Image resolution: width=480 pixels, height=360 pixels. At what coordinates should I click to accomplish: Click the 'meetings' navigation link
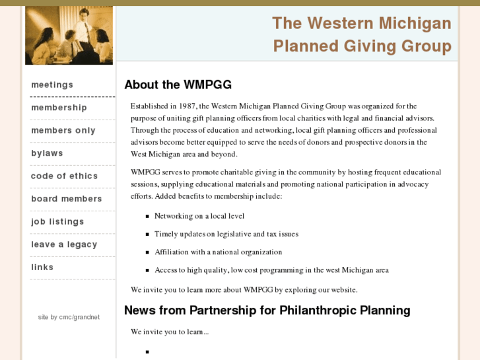pos(52,85)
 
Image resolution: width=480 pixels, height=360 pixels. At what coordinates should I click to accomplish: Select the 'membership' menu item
pos(59,108)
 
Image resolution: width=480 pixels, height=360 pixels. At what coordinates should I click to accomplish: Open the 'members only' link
pos(63,130)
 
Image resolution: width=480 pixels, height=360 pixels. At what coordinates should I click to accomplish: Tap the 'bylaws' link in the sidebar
pos(47,153)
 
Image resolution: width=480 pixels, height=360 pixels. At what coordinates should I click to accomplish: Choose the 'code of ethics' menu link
pos(64,176)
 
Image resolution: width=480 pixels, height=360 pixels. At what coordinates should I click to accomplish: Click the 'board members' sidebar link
pos(66,199)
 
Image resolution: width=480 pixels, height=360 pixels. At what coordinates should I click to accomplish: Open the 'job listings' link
pos(57,221)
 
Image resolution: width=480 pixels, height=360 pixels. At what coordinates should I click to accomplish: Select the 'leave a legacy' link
pos(64,244)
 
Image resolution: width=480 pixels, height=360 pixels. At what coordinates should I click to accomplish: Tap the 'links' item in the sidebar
pos(42,267)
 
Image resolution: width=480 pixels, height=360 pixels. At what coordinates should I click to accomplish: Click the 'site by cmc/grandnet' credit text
pos(69,317)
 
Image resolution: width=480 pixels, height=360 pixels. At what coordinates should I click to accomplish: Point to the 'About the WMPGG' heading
pos(178,85)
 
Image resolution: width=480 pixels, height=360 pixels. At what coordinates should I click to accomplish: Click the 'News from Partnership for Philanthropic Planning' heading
pos(267,310)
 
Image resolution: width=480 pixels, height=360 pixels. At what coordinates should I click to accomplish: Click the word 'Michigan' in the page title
pos(415,24)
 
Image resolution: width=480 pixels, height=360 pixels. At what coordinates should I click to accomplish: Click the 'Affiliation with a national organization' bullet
pos(218,252)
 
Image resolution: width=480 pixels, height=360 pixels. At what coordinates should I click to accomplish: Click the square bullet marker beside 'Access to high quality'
pos(148,270)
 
